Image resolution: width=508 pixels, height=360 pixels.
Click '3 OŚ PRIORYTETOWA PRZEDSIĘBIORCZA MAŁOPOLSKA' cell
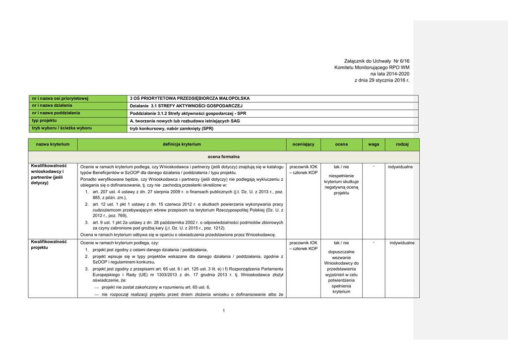[x=190, y=98]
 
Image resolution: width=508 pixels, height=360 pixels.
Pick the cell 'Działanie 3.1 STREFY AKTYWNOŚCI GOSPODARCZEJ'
[x=186, y=106]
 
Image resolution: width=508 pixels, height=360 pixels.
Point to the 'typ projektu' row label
[x=45, y=121]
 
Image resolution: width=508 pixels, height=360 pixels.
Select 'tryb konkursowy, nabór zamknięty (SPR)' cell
[x=171, y=128]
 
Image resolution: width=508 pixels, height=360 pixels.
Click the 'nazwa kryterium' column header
[x=53, y=144]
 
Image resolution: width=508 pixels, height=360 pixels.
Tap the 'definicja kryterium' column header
[x=182, y=144]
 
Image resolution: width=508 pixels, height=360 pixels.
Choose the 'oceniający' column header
[x=303, y=144]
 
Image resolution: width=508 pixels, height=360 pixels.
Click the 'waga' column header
[x=374, y=144]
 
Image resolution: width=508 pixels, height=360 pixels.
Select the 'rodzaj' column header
[x=402, y=144]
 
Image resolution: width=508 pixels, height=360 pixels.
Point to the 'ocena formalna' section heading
[x=223, y=156]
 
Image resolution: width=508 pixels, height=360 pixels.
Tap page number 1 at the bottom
[x=224, y=311]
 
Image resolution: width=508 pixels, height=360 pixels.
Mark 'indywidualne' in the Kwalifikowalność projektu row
[x=402, y=243]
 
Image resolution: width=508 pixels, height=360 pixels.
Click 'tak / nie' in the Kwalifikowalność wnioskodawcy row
[x=341, y=167]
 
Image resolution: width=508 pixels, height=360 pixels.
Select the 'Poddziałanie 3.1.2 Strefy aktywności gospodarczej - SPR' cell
[x=188, y=113]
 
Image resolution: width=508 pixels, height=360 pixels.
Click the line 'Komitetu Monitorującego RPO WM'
[x=372, y=67]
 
